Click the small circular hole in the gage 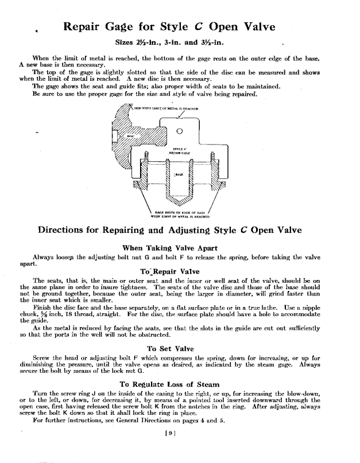181,129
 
